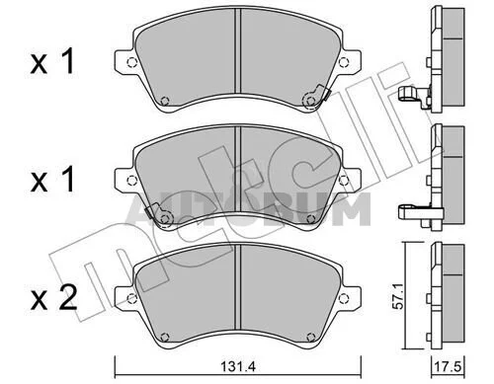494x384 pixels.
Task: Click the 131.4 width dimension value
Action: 238,366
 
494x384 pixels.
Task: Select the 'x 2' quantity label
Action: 53,299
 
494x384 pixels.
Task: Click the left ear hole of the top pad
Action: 131,62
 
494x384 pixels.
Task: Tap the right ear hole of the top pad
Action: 343,62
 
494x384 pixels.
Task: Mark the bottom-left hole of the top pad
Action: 164,101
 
